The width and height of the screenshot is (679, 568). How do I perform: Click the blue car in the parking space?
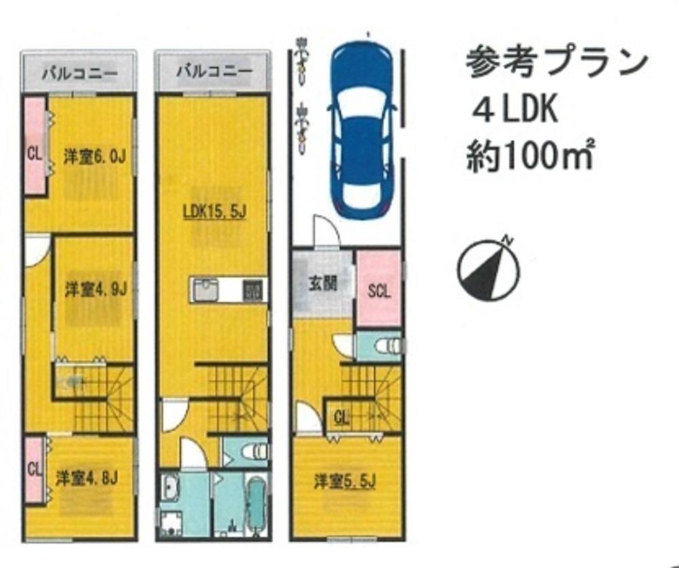[x=362, y=128]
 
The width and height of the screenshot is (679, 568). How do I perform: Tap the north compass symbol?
[x=488, y=270]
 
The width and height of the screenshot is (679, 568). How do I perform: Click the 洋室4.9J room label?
[x=95, y=289]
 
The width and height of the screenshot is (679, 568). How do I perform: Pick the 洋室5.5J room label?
[x=345, y=481]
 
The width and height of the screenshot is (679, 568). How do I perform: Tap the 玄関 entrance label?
[x=323, y=284]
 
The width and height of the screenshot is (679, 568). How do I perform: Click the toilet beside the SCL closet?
[x=388, y=346]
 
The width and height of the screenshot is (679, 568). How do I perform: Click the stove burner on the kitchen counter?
[x=253, y=290]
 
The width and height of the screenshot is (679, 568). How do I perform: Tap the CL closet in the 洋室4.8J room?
[x=33, y=470]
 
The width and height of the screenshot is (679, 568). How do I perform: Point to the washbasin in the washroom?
[x=170, y=487]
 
